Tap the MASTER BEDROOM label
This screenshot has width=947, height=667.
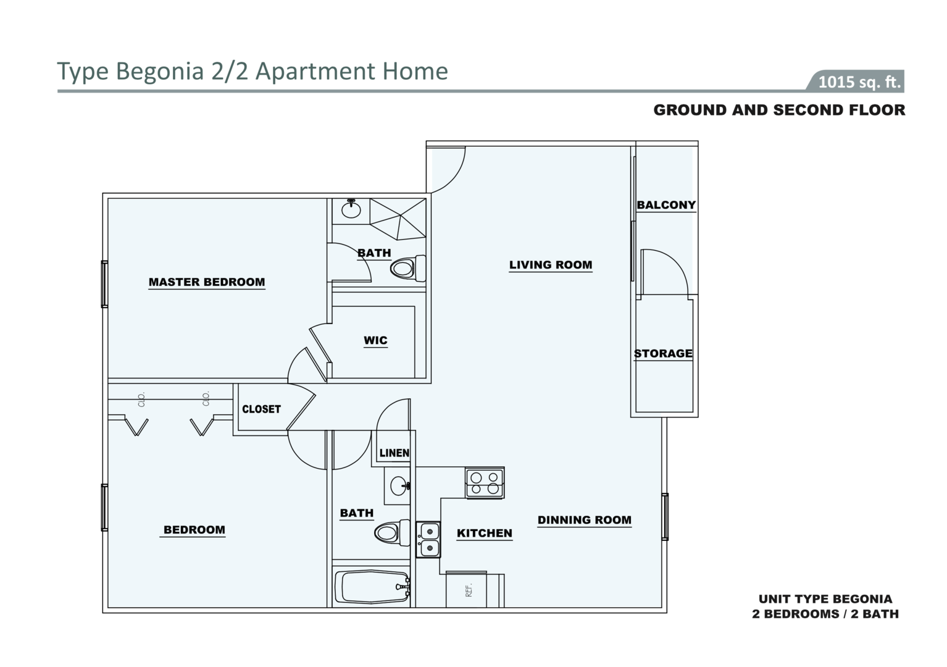pos(207,282)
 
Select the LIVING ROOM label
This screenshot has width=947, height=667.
pos(551,265)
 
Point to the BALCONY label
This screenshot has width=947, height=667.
pos(666,204)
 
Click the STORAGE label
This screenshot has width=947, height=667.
pos(663,353)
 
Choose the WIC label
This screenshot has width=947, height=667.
pos(375,340)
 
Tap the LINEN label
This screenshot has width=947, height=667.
pos(394,453)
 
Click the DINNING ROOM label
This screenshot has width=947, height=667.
pos(584,520)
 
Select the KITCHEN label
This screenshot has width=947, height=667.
pos(485,534)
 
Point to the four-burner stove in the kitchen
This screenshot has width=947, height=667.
pos(485,482)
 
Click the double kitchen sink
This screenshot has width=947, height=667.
pos(428,539)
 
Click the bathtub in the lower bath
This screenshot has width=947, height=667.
pos(372,587)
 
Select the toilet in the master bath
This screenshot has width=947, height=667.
pos(408,268)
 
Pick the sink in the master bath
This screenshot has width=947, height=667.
pos(351,209)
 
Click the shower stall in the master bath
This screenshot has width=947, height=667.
pos(398,219)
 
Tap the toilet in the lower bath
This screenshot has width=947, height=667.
pos(393,532)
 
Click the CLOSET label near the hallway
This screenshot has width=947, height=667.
pos(261,409)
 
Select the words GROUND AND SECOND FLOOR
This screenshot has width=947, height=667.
pos(779,110)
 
